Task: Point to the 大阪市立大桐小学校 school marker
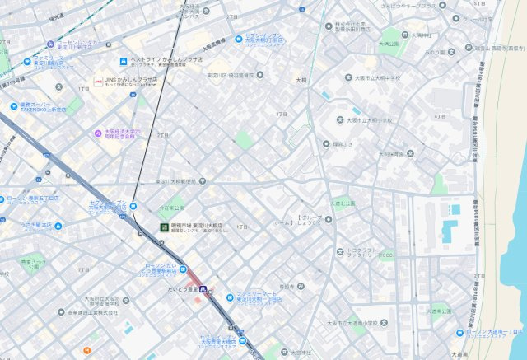[338, 120]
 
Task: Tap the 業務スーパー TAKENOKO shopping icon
[13, 106]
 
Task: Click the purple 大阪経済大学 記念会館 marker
[97, 132]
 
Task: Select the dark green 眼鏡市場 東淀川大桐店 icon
[162, 226]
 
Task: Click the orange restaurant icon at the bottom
[85, 351]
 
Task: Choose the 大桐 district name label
[301, 81]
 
